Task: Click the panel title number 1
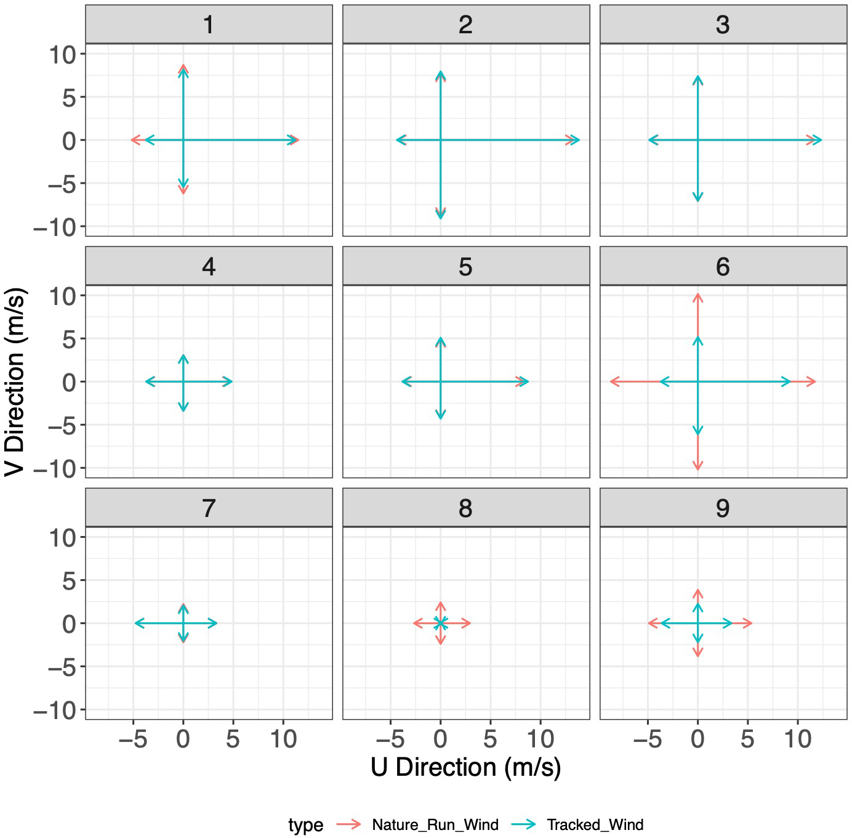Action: pyautogui.click(x=209, y=25)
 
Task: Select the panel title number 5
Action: pyautogui.click(x=465, y=267)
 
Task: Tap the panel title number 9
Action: pyautogui.click(x=723, y=508)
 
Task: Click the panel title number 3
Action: pyautogui.click(x=723, y=25)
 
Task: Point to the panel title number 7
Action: pyautogui.click(x=209, y=508)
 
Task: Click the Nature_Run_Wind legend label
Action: pyautogui.click(x=435, y=825)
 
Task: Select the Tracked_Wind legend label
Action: pyautogui.click(x=595, y=825)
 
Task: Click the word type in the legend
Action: pyautogui.click(x=305, y=825)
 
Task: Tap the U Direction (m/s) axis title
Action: pyautogui.click(x=466, y=768)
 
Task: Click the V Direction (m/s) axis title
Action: pyautogui.click(x=15, y=382)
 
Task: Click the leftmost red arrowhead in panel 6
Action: pyautogui.click(x=613, y=382)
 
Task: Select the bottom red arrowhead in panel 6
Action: pyautogui.click(x=697, y=468)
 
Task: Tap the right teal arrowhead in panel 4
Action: pyautogui.click(x=230, y=382)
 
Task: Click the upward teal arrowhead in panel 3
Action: pyautogui.click(x=697, y=78)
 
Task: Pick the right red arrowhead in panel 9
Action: pyautogui.click(x=749, y=624)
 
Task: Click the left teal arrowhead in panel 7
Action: pyautogui.click(x=137, y=624)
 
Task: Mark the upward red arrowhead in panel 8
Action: pyautogui.click(x=441, y=604)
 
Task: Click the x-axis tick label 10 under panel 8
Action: pyautogui.click(x=541, y=739)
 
